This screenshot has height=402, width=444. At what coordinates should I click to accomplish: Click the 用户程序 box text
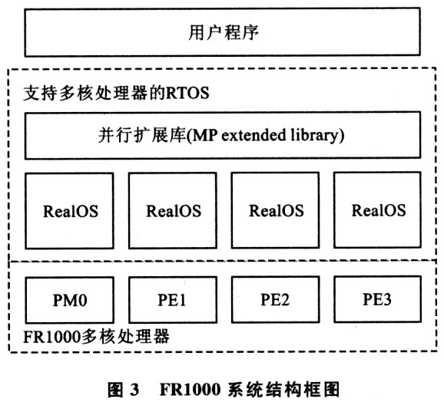click(224, 32)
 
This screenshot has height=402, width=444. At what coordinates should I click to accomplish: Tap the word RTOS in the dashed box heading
click(187, 93)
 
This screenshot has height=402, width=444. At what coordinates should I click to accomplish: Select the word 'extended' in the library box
click(253, 135)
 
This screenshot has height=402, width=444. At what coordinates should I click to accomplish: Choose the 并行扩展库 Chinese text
click(142, 135)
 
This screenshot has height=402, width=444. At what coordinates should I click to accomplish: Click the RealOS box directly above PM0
click(70, 211)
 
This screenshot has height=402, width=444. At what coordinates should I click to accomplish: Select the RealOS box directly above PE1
click(173, 211)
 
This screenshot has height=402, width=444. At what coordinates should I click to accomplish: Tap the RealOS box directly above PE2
click(276, 210)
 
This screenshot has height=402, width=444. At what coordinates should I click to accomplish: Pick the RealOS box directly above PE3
click(377, 210)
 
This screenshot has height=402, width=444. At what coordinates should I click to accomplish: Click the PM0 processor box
click(70, 300)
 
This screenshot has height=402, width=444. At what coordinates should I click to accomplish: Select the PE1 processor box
click(173, 300)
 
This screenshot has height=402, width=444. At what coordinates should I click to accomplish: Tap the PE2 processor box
click(276, 299)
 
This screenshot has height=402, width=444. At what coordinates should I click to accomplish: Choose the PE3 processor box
click(377, 299)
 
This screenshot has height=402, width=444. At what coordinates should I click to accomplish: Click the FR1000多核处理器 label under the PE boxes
click(96, 337)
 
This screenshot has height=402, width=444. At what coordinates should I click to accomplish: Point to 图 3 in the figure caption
click(123, 389)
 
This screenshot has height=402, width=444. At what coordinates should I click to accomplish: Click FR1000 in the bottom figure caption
click(190, 389)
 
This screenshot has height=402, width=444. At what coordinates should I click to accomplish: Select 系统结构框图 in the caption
click(283, 389)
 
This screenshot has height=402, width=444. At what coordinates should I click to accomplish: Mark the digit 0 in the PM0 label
click(83, 300)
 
